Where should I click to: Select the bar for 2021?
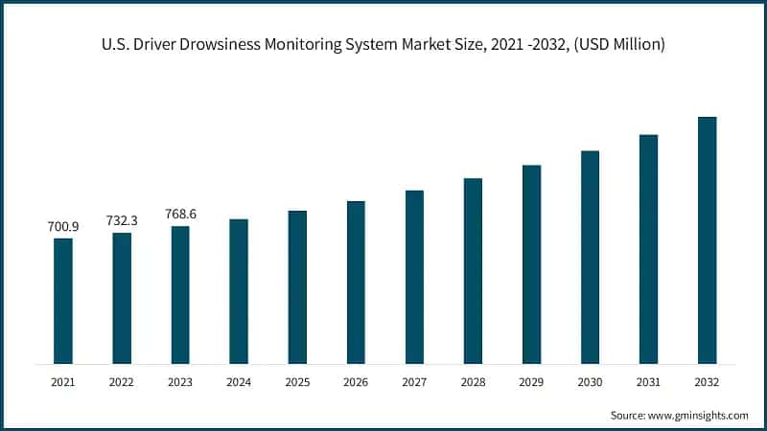click(63, 301)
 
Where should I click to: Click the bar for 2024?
click(239, 291)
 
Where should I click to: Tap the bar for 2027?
click(414, 277)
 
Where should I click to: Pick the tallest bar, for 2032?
click(707, 240)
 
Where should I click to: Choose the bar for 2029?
click(531, 264)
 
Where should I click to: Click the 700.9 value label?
click(63, 227)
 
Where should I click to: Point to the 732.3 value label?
click(122, 220)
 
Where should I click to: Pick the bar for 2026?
click(356, 283)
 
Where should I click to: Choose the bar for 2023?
click(180, 295)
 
